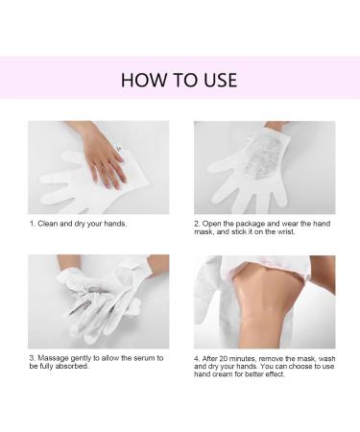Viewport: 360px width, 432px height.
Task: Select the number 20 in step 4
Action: pos(228,358)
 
